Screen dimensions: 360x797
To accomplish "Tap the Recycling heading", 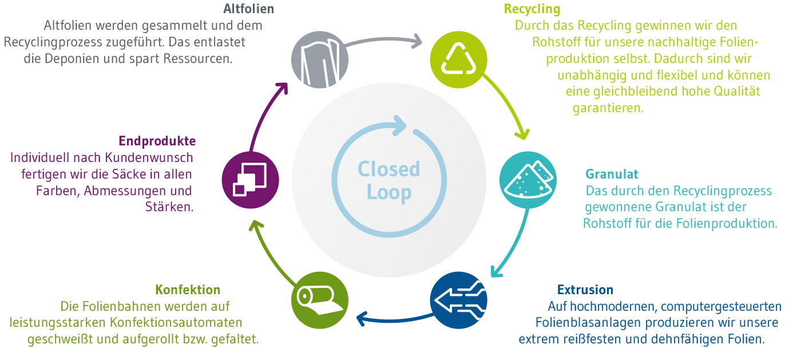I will pyautogui.click(x=532, y=9).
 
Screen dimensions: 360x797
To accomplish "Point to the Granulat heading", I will pyautogui.click(x=612, y=174).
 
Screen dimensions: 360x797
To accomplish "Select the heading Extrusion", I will pyautogui.click(x=585, y=290).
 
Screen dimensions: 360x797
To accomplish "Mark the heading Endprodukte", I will pyautogui.click(x=157, y=141).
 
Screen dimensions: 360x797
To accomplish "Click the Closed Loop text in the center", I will pyautogui.click(x=388, y=180).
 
